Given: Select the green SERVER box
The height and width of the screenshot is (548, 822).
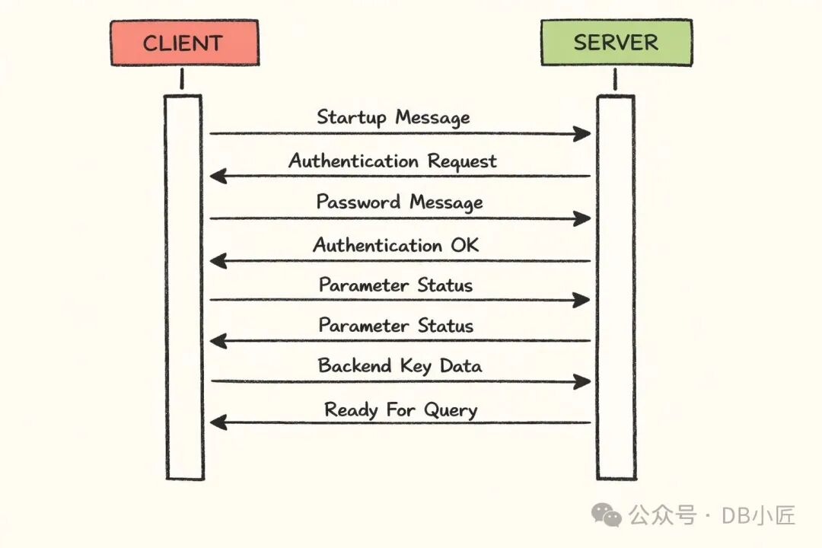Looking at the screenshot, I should (616, 43).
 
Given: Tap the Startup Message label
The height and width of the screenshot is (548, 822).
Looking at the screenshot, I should (393, 117).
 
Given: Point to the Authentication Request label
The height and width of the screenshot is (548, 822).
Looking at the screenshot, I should (392, 161).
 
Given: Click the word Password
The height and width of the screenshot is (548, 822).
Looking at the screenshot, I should (359, 202).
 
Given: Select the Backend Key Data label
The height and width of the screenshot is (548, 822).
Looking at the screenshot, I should (400, 366).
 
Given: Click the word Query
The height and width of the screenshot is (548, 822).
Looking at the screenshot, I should (448, 410).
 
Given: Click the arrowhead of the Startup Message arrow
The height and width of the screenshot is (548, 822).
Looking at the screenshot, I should (583, 134).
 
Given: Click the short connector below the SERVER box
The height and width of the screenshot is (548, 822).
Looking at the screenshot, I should (615, 79).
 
